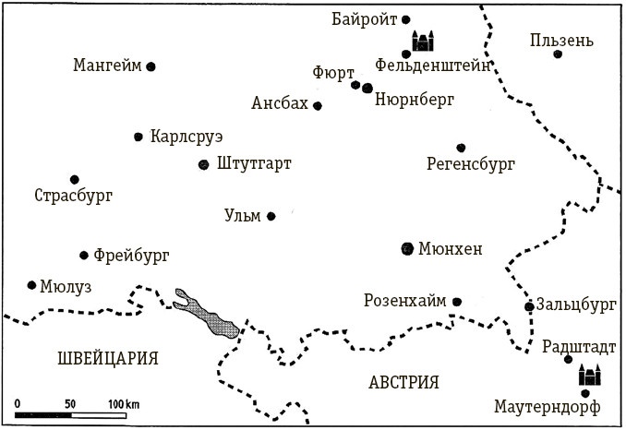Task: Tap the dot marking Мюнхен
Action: pos(408,248)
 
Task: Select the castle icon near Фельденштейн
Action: pos(423,42)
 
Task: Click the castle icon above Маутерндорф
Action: pos(589,375)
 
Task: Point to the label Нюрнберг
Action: pos(415,102)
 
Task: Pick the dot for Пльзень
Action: pos(558,54)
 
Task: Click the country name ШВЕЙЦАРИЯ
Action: pos(107,358)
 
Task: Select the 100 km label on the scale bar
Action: pos(123,404)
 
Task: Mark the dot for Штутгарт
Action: pos(204,165)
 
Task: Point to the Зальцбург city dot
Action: pos(528,306)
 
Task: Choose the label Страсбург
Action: pos(73,196)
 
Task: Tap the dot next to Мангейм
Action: pos(150,66)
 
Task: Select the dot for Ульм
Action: pos(271,217)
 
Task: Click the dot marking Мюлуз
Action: pos(32,285)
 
